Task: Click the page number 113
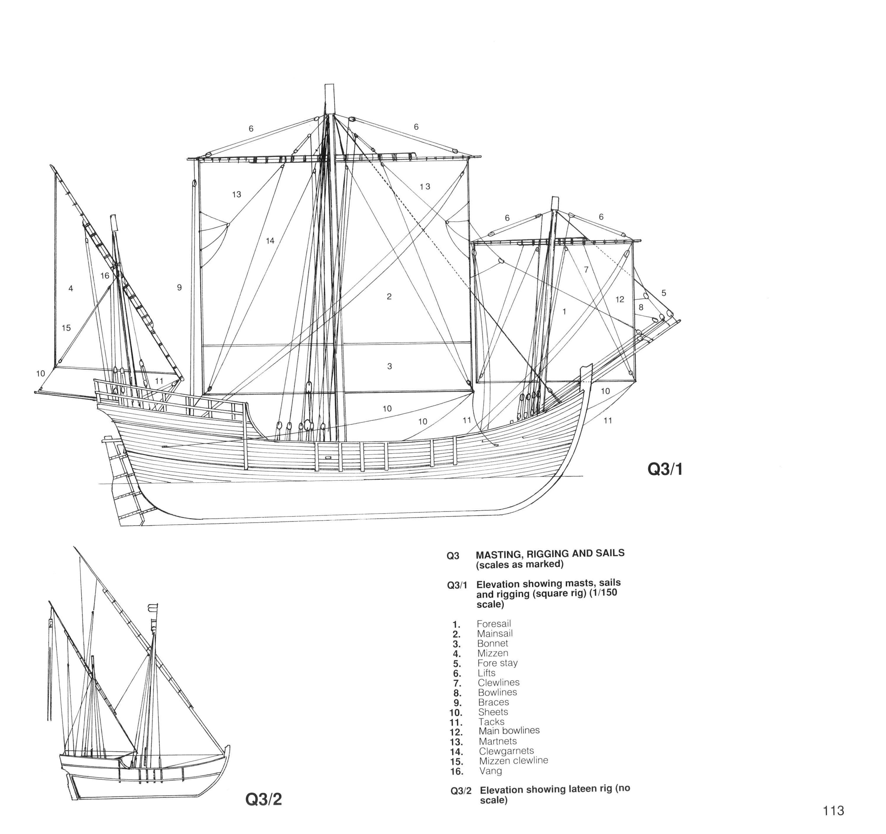pos(833,810)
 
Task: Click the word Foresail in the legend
pos(494,624)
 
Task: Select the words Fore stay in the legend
pos(497,663)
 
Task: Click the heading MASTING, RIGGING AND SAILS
pos(550,554)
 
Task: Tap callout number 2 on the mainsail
pos(389,297)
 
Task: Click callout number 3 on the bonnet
pos(390,366)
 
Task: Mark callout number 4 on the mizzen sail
pos(70,289)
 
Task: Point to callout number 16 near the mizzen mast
pos(105,276)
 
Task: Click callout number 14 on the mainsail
pos(270,241)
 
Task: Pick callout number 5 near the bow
pos(664,293)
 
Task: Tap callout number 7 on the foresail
pos(586,270)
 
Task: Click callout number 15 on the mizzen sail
pos(66,328)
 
